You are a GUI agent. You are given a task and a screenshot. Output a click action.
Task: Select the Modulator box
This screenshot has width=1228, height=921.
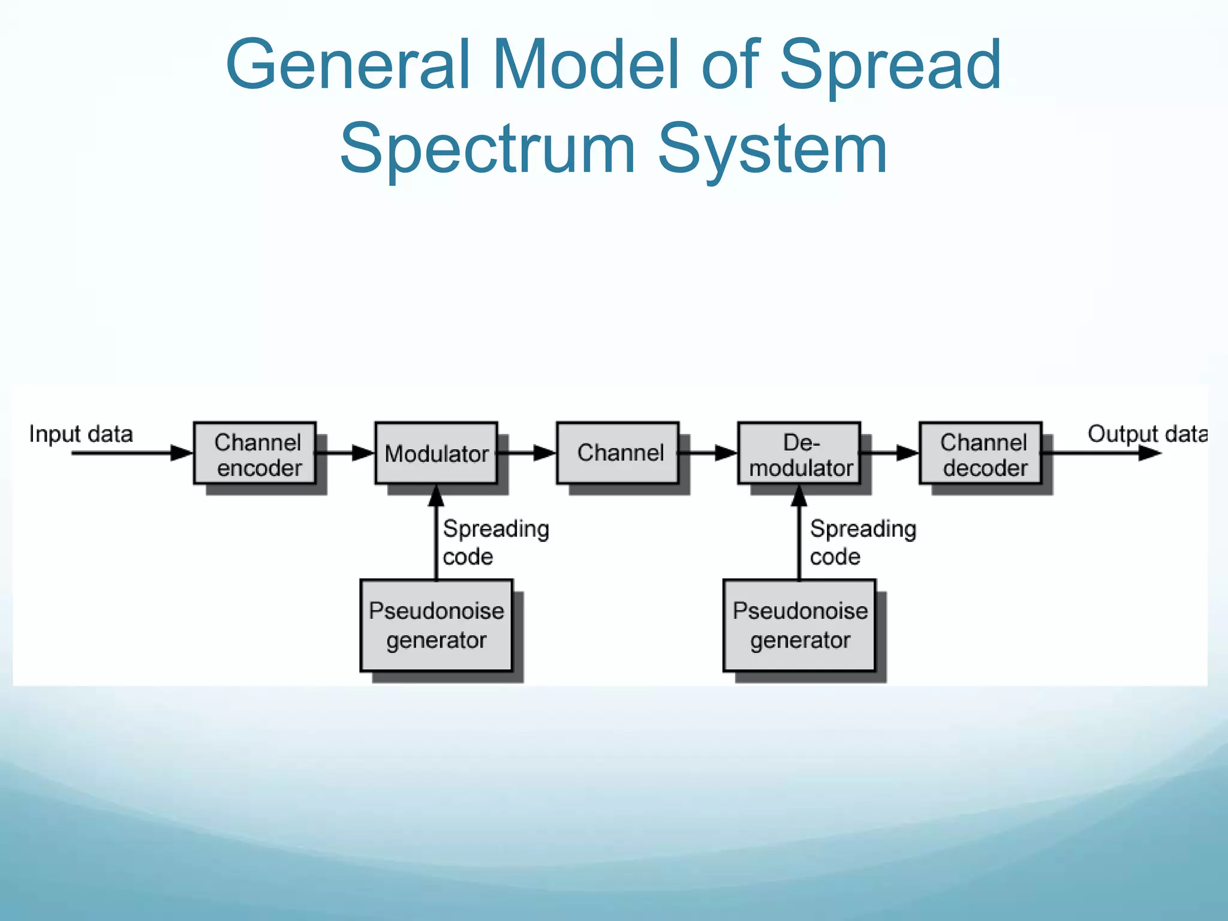point(437,453)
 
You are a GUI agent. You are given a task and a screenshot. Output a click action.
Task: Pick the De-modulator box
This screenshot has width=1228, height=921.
point(799,453)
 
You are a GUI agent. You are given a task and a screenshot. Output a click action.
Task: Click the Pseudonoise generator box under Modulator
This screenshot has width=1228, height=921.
point(437,625)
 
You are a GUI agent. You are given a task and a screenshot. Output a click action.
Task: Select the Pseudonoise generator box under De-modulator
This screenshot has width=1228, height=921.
point(799,625)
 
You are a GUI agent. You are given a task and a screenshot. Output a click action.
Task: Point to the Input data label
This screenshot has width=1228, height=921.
point(81,434)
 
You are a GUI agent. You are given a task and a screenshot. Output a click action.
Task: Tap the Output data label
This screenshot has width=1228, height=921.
point(1146,434)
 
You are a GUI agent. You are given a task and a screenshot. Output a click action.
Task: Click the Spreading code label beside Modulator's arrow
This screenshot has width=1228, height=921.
point(495,542)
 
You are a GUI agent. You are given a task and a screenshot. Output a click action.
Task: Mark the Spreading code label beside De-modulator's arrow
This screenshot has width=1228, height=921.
point(863,542)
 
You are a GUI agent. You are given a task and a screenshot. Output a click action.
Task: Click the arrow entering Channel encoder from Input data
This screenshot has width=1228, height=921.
point(132,453)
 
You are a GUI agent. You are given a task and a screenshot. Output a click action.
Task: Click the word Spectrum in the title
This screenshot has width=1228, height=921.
point(487,149)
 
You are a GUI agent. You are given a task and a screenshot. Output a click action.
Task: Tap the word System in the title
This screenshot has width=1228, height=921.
point(772,149)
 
